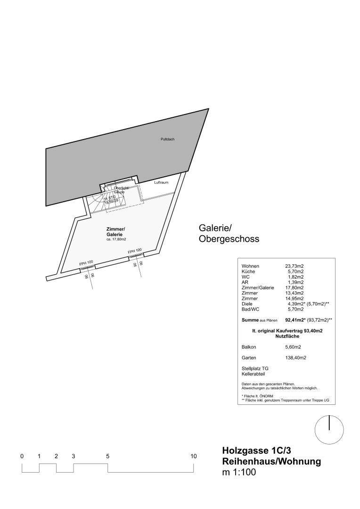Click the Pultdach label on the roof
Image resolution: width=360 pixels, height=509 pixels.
point(167,139)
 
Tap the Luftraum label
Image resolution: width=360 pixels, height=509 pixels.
point(161,182)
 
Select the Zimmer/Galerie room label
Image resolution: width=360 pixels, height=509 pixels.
point(115,231)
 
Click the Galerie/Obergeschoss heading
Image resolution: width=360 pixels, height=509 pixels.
point(229,234)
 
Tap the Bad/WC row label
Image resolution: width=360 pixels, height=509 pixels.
point(250,309)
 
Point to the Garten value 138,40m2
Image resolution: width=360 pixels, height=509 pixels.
point(295,358)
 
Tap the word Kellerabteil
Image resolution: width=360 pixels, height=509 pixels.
point(254,374)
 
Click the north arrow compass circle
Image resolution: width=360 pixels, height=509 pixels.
point(329,429)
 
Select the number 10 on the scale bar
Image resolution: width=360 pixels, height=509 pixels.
point(193,456)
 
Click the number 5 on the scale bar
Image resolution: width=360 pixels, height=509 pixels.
point(108,456)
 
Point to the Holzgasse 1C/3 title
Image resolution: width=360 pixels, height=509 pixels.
point(260,451)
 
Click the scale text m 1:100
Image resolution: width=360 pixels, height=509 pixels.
point(239,473)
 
